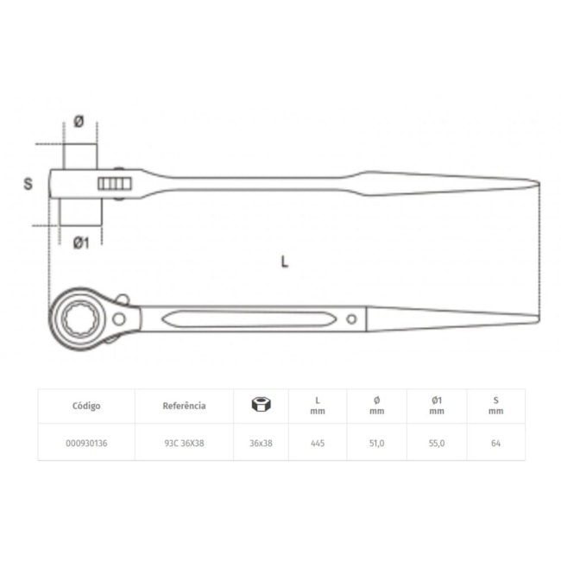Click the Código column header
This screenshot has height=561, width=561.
pos(86,405)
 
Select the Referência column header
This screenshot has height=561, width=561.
pos(184,405)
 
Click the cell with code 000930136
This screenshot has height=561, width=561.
pos(86,443)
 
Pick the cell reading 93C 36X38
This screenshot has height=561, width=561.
pos(184,443)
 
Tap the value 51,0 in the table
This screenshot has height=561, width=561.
pos(376,443)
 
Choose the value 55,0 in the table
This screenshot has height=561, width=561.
pos(437,443)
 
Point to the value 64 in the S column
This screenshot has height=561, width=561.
pos(495,443)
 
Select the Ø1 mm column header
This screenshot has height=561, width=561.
pos(437,405)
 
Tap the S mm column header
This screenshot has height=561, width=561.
pos(495,405)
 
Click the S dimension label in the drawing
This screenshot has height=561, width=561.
pos(28,184)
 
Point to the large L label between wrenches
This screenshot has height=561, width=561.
pos(284,262)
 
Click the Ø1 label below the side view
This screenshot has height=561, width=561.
pos(79,243)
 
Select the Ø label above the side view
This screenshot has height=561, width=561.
pos(79,123)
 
